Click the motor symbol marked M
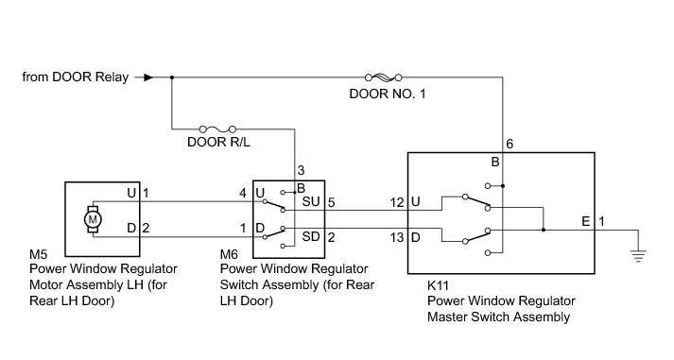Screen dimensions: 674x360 [93, 219]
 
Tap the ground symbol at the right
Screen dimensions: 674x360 [638, 256]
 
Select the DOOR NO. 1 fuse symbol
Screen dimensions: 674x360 [384, 77]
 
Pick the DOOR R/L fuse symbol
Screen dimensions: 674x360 [217, 129]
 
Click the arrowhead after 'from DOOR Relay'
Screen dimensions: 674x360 [148, 77]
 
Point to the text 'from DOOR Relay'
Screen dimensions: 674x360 [76, 77]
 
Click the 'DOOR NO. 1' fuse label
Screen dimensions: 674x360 [388, 94]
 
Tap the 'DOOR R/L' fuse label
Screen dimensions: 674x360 [218, 142]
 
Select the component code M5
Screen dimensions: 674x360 [38, 254]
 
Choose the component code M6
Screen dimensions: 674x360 [229, 254]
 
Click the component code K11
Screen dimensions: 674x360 [438, 285]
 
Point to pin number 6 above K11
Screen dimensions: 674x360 [510, 144]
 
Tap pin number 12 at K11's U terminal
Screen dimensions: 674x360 [397, 202]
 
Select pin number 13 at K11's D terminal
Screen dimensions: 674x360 [397, 237]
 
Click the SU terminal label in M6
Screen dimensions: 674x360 [311, 201]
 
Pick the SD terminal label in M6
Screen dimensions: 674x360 [311, 236]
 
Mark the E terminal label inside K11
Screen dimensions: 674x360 [585, 221]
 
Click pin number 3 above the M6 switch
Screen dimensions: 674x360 [301, 170]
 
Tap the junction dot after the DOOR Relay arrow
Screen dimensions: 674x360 [172, 77]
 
